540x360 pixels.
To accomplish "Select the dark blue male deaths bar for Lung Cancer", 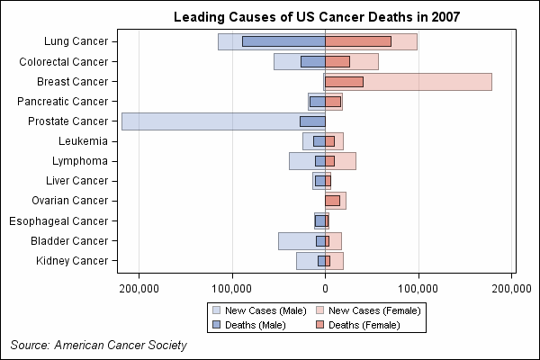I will (x=283, y=41).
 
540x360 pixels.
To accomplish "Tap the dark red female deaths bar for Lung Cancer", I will (x=358, y=41).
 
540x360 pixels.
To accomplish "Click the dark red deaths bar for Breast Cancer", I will (x=345, y=82).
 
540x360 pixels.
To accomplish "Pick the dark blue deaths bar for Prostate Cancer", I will (x=313, y=121).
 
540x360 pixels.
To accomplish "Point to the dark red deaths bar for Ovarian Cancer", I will (x=333, y=201).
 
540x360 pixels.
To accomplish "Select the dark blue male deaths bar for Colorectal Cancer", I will (x=313, y=62).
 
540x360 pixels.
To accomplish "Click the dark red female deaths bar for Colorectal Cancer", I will (x=337, y=62).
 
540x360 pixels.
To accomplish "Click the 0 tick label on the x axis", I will (x=325, y=289).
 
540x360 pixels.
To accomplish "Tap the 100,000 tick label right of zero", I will (x=418, y=289).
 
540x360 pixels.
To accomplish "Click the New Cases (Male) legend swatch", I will (x=216, y=310).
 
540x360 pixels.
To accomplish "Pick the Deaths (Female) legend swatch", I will (x=320, y=325).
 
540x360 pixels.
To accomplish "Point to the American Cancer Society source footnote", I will (x=99, y=346).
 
